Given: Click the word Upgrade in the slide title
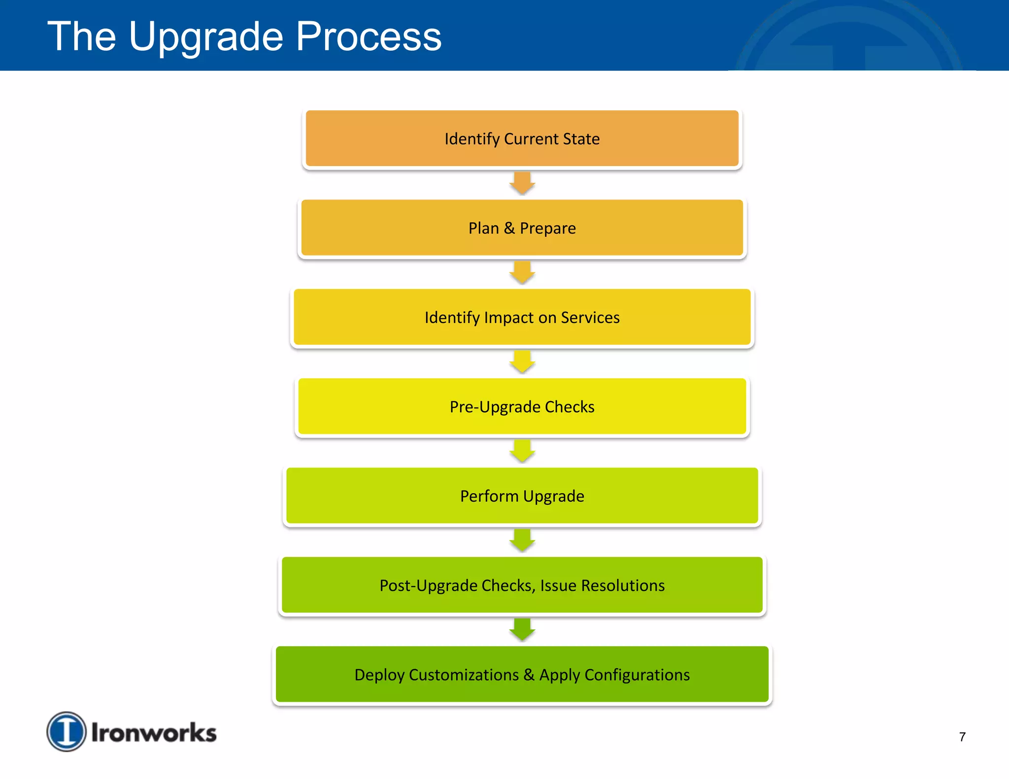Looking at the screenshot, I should coord(206,37).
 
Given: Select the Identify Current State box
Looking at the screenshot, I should coord(522,139).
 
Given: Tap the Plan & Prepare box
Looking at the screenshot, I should coord(522,228).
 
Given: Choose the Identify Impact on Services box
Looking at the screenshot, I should coord(522,318).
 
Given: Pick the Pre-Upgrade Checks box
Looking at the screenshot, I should coord(522,407).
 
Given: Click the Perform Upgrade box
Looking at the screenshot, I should coord(522,496).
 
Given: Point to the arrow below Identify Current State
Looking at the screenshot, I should coord(522,183).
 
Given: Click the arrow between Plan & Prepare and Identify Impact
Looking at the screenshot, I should coord(522,272).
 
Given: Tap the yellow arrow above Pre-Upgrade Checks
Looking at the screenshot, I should coord(522,362).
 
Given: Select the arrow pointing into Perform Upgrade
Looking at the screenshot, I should coord(522,451).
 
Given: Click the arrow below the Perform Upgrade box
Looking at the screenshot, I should coord(522,540).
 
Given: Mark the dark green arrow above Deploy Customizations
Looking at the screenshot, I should coord(522,629).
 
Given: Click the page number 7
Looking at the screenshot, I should coord(962,737).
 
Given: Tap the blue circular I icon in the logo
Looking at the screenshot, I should coord(67,731).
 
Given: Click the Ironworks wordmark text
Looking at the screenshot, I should coord(154,733).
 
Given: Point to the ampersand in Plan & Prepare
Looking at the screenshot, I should coord(509,228).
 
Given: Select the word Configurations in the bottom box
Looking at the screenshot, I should coord(637,675).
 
